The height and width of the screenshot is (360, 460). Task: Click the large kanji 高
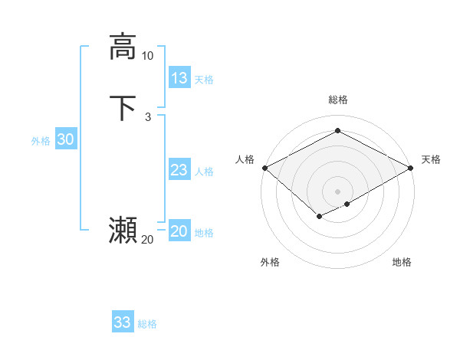(123, 46)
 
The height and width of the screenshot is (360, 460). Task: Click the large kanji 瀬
(123, 231)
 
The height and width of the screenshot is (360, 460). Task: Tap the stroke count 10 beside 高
(147, 56)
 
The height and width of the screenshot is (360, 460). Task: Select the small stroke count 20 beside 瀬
(147, 240)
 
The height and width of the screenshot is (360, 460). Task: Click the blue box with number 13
(179, 77)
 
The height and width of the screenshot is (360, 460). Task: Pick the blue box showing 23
(179, 170)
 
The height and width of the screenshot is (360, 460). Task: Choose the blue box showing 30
(66, 139)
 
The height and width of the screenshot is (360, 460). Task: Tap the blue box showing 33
(123, 322)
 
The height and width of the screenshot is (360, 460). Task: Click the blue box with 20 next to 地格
(179, 231)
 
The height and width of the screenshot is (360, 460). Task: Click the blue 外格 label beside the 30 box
(41, 141)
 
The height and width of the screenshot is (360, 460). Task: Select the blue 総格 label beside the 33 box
(147, 324)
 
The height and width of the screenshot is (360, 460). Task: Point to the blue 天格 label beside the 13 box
(204, 80)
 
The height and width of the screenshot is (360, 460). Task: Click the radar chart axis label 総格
(337, 100)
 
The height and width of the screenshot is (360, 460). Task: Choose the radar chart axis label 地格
(402, 262)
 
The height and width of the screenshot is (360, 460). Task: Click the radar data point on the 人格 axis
(264, 168)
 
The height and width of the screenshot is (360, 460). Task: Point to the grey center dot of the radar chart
(337, 191)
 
